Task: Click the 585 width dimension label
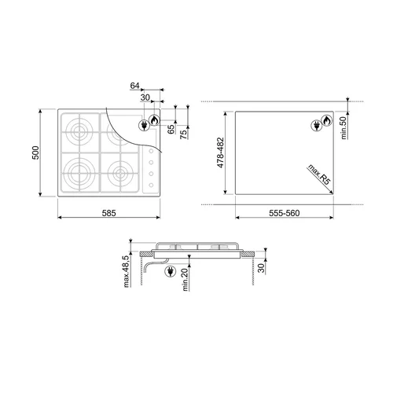[108, 213]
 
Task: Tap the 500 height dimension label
[35, 152]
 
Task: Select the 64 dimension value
[134, 86]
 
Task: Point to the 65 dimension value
[171, 129]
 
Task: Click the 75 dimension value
[184, 134]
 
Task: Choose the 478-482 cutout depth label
[220, 152]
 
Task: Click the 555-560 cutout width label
[285, 213]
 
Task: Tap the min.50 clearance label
[343, 127]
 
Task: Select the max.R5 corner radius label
[318, 174]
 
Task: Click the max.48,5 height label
[127, 272]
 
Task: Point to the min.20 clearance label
[185, 280]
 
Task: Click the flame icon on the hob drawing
[154, 120]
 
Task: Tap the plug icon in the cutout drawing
[317, 126]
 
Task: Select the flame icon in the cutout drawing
[327, 120]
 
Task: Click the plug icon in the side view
[171, 271]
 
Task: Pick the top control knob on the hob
[151, 151]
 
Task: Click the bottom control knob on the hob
[151, 185]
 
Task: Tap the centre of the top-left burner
[79, 131]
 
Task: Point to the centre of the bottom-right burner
[120, 174]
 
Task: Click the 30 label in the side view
[261, 268]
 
